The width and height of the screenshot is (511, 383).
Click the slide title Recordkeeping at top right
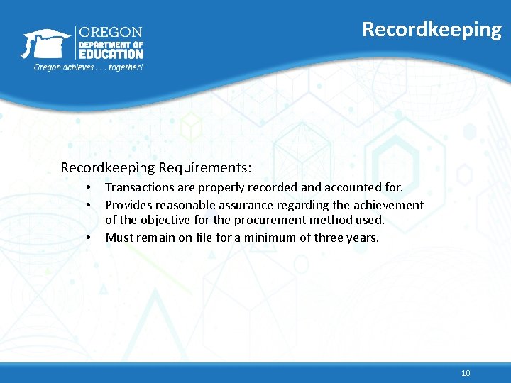coord(432,29)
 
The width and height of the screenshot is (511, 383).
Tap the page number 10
coord(466,373)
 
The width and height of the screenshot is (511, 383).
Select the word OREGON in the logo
coord(110,33)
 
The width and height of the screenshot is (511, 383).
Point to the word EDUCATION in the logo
coord(111,54)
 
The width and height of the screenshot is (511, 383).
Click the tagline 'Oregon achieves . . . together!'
coord(89,67)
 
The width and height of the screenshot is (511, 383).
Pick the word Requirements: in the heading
coord(205,168)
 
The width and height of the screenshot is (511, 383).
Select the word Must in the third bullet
coord(119,238)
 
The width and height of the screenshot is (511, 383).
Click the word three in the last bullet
coord(327,238)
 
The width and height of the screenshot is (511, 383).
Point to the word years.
coord(363,238)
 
